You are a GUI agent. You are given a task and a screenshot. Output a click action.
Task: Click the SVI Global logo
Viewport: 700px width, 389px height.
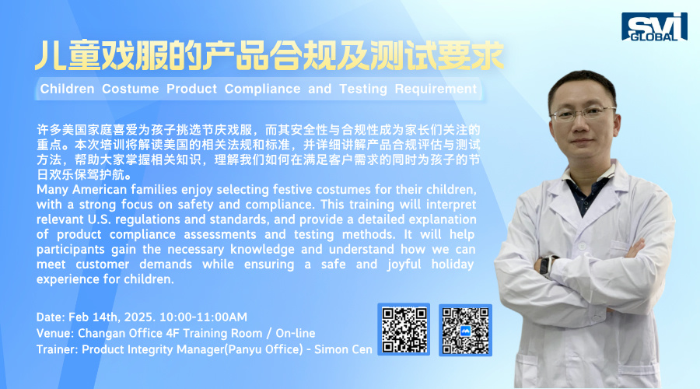click(654, 26)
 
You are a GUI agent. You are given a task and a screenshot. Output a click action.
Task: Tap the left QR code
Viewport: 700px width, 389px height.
click(404, 330)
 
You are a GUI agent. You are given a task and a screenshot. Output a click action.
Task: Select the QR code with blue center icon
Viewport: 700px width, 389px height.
click(465, 331)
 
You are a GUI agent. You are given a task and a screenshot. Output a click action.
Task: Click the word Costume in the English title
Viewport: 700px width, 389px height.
click(131, 89)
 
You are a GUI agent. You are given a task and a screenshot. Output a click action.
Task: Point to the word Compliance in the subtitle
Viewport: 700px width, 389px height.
click(263, 89)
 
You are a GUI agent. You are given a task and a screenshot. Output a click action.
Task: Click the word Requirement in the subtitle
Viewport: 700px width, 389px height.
click(436, 89)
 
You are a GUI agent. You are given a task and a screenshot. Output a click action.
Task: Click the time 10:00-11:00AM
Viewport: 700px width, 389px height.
click(203, 317)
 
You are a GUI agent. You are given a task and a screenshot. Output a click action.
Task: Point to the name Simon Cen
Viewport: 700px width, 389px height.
click(343, 349)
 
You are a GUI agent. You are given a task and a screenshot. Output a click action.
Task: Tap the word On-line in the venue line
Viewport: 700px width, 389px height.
click(296, 333)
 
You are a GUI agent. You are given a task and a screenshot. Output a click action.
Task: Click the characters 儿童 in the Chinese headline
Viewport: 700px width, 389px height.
click(68, 56)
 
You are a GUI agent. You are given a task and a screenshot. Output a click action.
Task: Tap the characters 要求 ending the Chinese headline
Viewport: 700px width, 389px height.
click(471, 56)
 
